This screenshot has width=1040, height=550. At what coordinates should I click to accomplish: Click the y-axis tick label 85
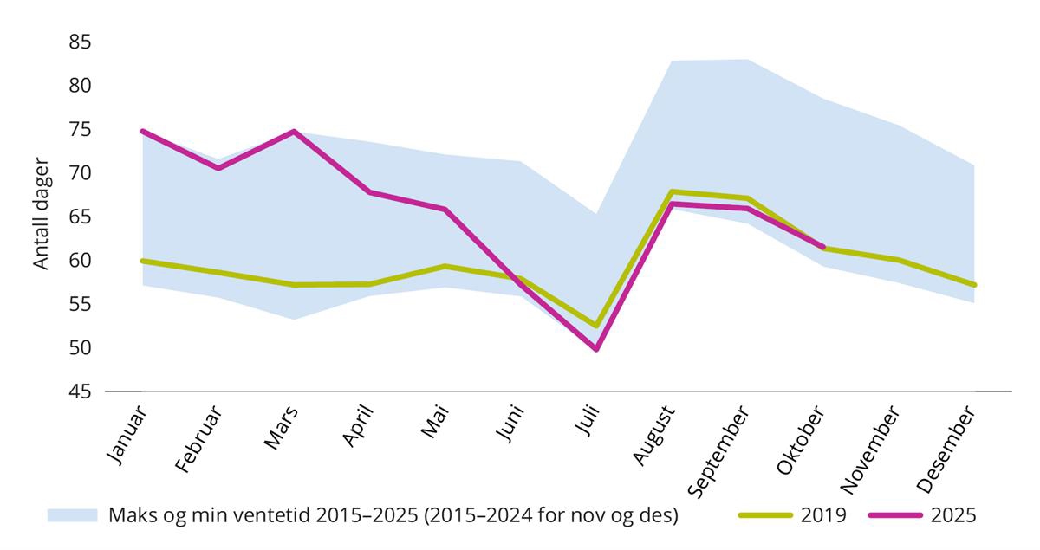[81, 42]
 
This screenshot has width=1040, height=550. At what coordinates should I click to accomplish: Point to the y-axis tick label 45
[81, 391]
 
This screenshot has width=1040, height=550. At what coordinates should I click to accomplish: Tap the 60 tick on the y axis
[81, 261]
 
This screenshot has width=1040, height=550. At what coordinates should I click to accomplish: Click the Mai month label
[436, 422]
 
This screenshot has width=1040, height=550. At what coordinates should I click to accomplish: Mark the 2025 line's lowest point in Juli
[596, 349]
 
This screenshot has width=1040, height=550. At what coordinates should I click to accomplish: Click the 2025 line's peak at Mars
[294, 132]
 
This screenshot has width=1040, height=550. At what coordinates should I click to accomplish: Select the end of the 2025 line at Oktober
[822, 247]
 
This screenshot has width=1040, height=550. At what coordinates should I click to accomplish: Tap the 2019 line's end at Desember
[975, 285]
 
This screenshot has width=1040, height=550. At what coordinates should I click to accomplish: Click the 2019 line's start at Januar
[141, 261]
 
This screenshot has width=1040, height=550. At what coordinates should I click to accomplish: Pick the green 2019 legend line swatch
[766, 515]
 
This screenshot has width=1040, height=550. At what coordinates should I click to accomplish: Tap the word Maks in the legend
[129, 515]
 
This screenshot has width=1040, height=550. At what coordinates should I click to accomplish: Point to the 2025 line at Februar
[218, 168]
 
